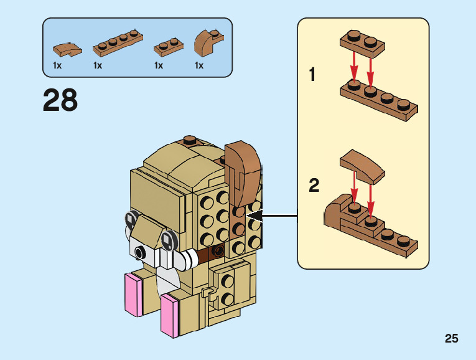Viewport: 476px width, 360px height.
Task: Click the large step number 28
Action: point(60,100)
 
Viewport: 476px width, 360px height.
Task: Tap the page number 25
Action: point(452,339)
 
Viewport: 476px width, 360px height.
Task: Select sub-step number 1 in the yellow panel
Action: point(313,76)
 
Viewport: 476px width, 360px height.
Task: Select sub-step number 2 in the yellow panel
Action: point(314,186)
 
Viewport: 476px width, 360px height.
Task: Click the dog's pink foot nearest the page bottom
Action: point(169,316)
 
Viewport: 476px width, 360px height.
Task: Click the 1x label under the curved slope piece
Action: point(57,65)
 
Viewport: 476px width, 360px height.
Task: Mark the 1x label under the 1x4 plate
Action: point(98,65)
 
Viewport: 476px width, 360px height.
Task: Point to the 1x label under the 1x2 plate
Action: point(159,65)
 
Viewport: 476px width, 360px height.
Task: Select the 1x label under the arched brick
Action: point(199,65)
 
